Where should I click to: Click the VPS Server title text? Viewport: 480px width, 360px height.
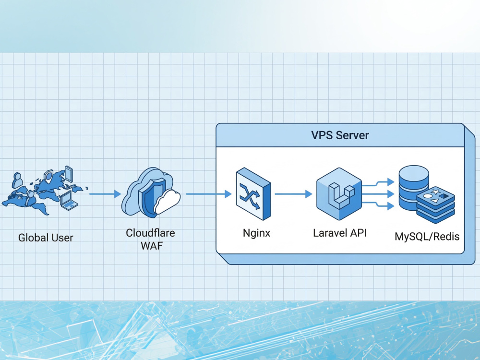(340, 135)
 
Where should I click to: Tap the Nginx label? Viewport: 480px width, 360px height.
(256, 233)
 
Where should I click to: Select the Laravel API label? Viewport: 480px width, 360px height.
(340, 233)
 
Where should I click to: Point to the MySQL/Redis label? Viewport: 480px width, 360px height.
(427, 236)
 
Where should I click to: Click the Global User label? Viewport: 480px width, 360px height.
(46, 238)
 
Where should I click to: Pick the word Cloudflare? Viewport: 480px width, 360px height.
(150, 233)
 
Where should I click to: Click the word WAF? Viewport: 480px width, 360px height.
(152, 245)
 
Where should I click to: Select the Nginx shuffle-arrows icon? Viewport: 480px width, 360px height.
(253, 193)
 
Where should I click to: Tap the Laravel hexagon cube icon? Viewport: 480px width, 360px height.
(339, 194)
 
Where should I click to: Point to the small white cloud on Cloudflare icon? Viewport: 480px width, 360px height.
(167, 202)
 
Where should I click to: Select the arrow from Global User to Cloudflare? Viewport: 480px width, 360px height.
(105, 194)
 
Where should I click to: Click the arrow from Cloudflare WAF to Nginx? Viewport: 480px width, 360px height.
(209, 194)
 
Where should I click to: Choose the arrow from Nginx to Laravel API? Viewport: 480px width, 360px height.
(293, 194)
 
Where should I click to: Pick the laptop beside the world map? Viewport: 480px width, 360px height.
(69, 201)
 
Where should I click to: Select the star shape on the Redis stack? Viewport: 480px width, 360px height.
(435, 192)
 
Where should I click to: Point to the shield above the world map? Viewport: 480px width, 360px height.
(48, 177)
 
